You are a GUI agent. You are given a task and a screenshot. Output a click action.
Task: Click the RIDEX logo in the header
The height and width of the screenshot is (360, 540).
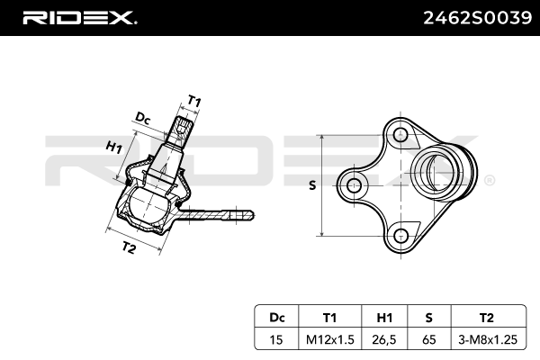(78, 17)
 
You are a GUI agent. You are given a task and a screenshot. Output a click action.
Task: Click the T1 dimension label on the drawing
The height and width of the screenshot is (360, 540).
(193, 100)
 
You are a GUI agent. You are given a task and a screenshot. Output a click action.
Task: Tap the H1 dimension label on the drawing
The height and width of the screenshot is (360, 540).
(113, 148)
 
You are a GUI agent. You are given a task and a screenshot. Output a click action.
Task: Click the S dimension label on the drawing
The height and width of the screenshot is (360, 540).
(312, 186)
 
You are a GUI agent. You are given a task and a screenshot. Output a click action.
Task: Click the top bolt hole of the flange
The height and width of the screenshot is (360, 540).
(400, 137)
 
